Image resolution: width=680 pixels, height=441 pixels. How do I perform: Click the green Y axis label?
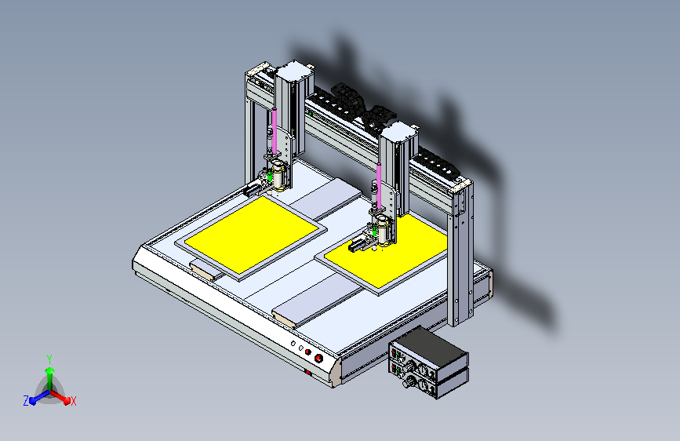point(49,359)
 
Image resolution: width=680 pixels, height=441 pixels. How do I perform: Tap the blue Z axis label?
point(26,401)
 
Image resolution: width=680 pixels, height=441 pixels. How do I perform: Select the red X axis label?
point(73,402)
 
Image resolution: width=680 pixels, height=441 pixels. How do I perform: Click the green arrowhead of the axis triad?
point(50,370)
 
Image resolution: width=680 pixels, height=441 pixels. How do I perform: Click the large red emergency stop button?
point(318,358)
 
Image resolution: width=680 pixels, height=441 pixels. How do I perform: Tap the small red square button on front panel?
point(308,352)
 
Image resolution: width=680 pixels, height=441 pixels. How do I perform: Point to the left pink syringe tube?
point(274,130)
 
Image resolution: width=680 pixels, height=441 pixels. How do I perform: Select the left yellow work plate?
point(252,235)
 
